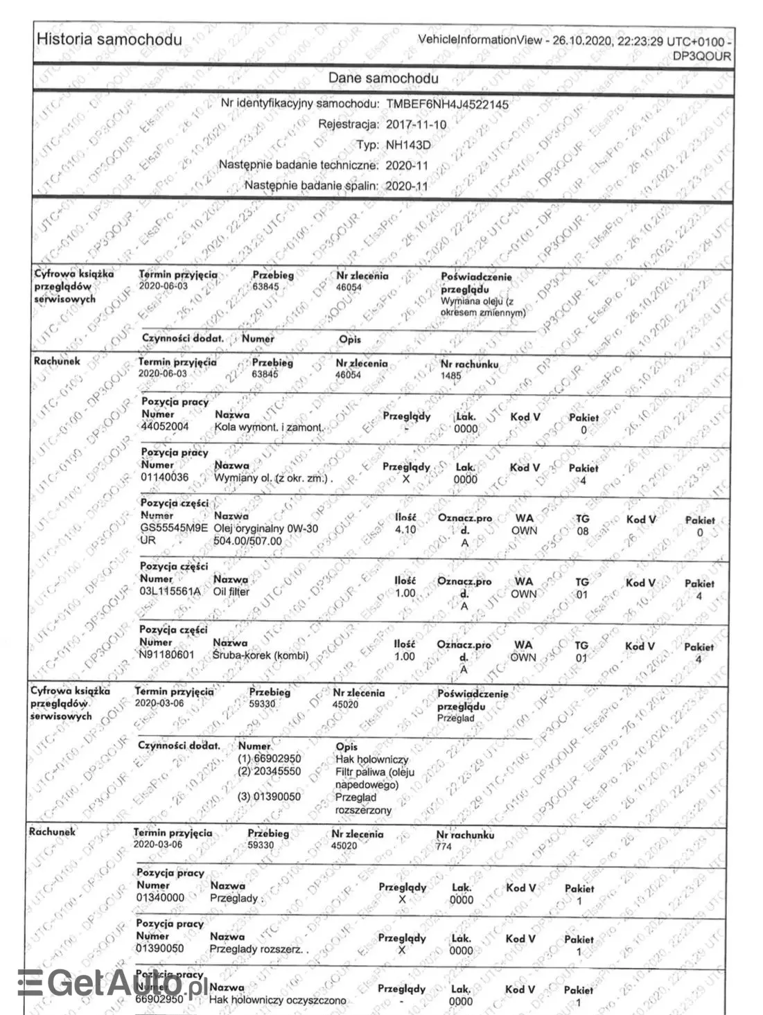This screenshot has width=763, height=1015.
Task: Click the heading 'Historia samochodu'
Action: [109, 39]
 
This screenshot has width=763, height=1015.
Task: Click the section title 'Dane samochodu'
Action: [383, 78]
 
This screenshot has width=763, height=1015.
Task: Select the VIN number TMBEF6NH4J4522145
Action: [447, 105]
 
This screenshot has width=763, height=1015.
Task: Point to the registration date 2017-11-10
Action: [416, 125]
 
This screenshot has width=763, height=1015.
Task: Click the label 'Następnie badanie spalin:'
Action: [311, 186]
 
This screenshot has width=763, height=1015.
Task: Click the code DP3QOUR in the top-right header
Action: [702, 56]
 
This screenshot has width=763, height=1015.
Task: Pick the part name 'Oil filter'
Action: [231, 592]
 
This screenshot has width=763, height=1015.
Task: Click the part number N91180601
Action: [167, 655]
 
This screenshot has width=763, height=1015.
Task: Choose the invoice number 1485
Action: [451, 375]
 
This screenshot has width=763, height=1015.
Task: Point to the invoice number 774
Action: [444, 847]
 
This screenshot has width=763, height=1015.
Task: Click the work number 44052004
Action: [164, 427]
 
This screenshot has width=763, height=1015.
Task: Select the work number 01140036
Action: [164, 477]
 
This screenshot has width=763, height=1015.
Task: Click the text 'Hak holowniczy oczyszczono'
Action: [277, 1000]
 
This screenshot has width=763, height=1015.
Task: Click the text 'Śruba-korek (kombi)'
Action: [261, 655]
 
